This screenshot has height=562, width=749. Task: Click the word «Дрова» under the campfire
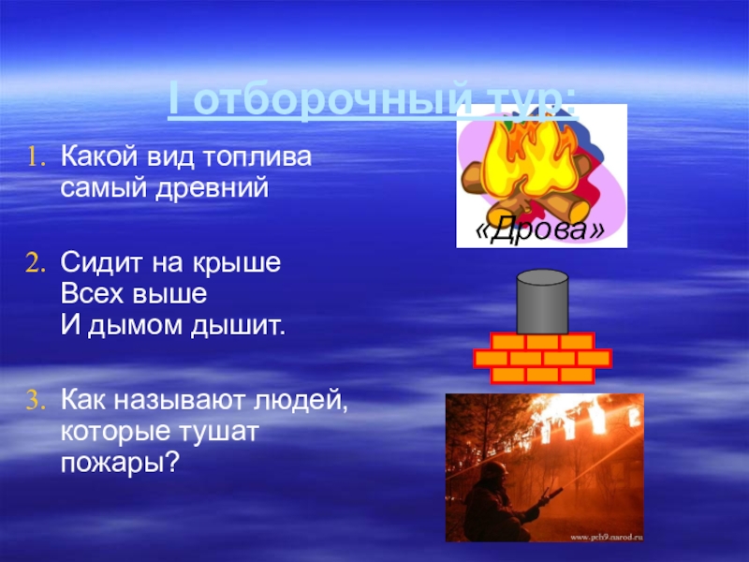pyautogui.click(x=540, y=230)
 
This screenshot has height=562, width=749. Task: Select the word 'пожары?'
pyautogui.click(x=119, y=466)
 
